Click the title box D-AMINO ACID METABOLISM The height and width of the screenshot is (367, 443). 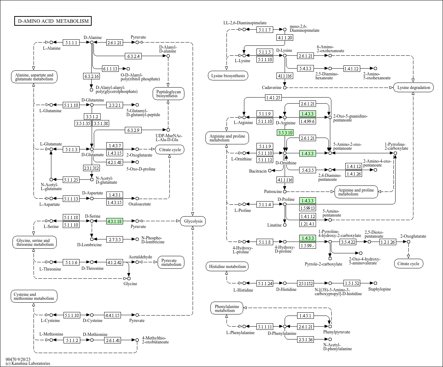pyautogui.click(x=53, y=21)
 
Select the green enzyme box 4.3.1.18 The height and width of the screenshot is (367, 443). pyautogui.click(x=114, y=221)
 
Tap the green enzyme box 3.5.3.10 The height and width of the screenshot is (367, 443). pyautogui.click(x=285, y=133)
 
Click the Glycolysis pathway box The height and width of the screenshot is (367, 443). pyautogui.click(x=193, y=221)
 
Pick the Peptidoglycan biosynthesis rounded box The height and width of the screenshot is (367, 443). pyautogui.click(x=168, y=94)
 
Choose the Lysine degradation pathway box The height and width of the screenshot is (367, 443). pyautogui.click(x=413, y=88)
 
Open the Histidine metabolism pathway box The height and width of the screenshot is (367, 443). pyautogui.click(x=227, y=267)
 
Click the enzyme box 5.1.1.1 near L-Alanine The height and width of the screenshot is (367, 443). pyautogui.click(x=71, y=43)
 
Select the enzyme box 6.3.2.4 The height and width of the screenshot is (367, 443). pyautogui.click(x=134, y=56)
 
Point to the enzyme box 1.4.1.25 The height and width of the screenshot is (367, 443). pyautogui.click(x=273, y=97)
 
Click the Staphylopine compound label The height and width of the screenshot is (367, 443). pyautogui.click(x=380, y=289)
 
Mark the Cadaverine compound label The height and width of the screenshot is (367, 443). pyautogui.click(x=271, y=88)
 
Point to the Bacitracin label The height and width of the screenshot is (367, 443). pyautogui.click(x=258, y=171)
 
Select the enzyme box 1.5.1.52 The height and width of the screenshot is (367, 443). pyautogui.click(x=352, y=283)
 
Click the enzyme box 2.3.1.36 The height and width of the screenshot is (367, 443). pyautogui.click(x=306, y=339)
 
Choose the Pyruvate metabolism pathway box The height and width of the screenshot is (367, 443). pyautogui.click(x=171, y=262)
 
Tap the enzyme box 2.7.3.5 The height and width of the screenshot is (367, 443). pyautogui.click(x=115, y=239)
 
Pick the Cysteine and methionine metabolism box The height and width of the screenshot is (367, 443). pyautogui.click(x=34, y=296)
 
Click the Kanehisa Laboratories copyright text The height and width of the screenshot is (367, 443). pyautogui.click(x=28, y=363)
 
